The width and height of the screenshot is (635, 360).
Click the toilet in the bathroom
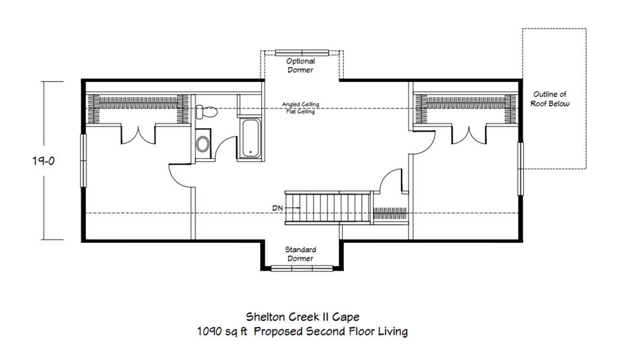pyautogui.click(x=206, y=112)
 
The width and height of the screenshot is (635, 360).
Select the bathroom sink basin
pyautogui.click(x=202, y=144)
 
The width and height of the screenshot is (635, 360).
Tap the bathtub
pyautogui.click(x=251, y=138)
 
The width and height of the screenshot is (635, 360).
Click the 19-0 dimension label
pyautogui.click(x=44, y=161)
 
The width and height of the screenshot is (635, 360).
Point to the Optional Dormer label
pyautogui.click(x=300, y=66)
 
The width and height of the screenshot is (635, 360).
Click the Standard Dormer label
pyautogui.click(x=300, y=254)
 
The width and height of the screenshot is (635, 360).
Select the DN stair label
pyautogui.click(x=277, y=208)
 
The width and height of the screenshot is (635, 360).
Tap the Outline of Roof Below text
pyautogui.click(x=550, y=99)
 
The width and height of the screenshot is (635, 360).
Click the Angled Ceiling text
pyautogui.click(x=300, y=105)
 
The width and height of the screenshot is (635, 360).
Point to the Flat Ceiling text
pyautogui.click(x=300, y=111)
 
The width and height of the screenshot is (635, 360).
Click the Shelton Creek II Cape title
pyautogui.click(x=302, y=317)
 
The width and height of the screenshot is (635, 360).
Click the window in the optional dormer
pyautogui.click(x=302, y=53)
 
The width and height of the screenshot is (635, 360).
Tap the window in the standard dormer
pyautogui.click(x=302, y=268)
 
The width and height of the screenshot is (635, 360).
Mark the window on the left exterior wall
pyautogui.click(x=83, y=160)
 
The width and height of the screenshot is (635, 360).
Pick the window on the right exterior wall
pyautogui.click(x=521, y=169)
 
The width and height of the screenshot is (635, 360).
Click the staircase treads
pyautogui.click(x=327, y=208)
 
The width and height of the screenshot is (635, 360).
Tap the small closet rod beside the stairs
pyautogui.click(x=390, y=213)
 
